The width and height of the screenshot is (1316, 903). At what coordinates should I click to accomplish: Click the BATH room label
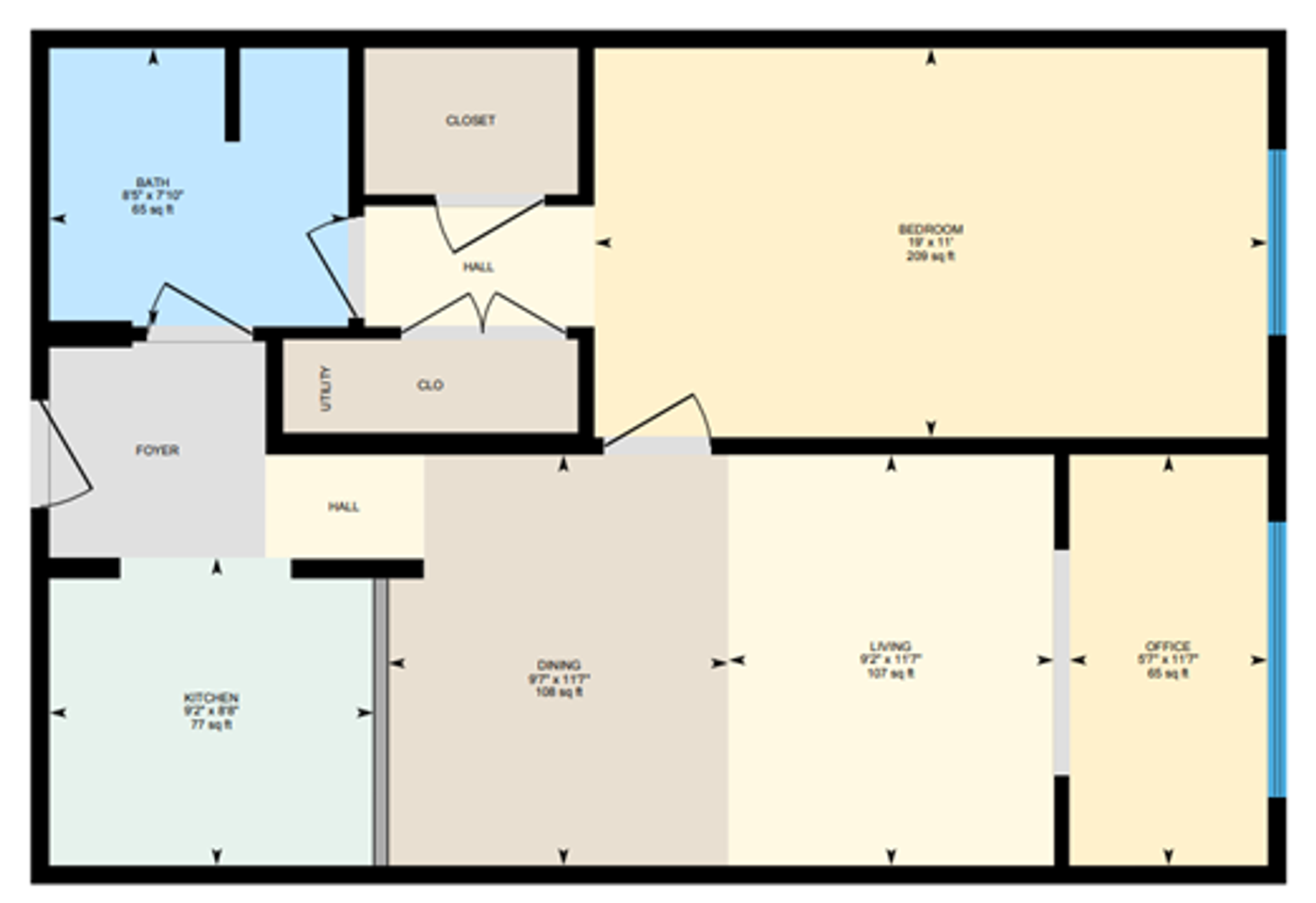click(x=153, y=182)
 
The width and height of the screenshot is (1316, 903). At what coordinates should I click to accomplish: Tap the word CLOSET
click(x=470, y=121)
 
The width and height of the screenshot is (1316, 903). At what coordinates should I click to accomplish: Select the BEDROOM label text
click(x=930, y=229)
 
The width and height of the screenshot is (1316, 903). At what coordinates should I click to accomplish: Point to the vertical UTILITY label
click(x=326, y=388)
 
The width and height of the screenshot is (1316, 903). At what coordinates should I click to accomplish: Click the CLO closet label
click(x=430, y=385)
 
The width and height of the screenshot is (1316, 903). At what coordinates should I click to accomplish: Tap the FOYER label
click(x=157, y=450)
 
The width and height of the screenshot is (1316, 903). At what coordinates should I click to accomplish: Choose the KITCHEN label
click(x=211, y=698)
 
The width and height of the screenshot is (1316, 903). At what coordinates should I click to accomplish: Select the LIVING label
click(x=890, y=646)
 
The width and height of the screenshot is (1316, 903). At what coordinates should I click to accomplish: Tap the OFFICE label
click(x=1168, y=646)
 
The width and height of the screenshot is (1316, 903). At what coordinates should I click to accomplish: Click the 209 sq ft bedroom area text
click(x=930, y=256)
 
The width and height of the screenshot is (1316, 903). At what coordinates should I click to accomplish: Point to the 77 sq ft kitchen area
click(x=211, y=725)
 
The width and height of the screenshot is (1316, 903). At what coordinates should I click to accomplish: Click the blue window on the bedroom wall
click(x=1277, y=242)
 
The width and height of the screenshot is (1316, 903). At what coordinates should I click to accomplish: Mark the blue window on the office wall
click(x=1277, y=660)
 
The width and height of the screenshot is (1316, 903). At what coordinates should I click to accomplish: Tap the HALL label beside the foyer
click(x=343, y=507)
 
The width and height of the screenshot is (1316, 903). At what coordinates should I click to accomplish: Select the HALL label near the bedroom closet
click(x=478, y=267)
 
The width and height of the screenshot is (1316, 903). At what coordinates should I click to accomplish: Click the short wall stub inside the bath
click(x=232, y=94)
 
